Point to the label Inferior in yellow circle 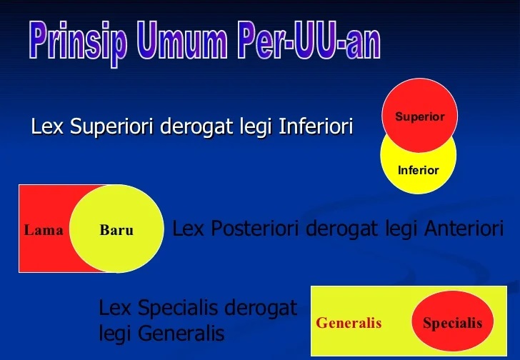coord(418,170)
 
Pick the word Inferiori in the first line coord(316,127)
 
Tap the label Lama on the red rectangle coord(44,230)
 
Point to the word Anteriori coord(464,229)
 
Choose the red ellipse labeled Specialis coord(452,323)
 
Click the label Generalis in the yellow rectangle coord(349,323)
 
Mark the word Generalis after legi coord(181,334)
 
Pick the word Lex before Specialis coord(114,309)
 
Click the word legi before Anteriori coord(402,229)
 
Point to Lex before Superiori coord(47,127)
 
